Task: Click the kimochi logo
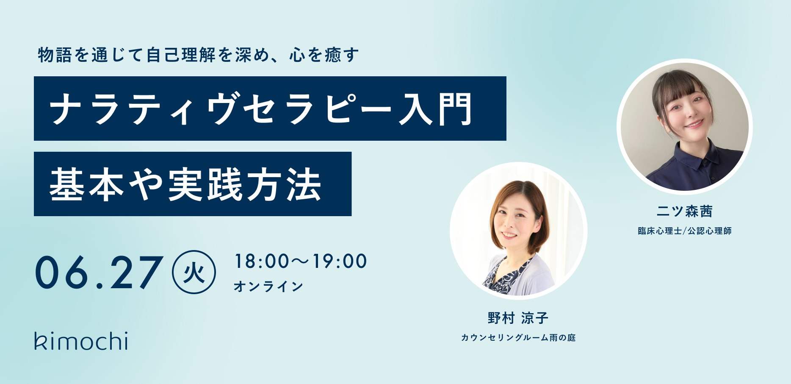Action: click(81, 341)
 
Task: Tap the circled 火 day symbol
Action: click(194, 273)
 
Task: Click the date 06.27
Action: click(99, 273)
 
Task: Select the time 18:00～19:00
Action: click(301, 261)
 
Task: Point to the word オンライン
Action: click(268, 287)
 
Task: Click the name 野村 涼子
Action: click(518, 318)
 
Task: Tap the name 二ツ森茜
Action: click(685, 211)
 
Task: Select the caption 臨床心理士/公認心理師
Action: click(685, 231)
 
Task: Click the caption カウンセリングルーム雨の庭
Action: click(518, 338)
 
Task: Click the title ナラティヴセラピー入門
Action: click(261, 109)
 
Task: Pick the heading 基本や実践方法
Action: click(185, 184)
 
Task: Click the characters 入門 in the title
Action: click(435, 109)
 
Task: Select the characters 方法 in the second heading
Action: click(284, 184)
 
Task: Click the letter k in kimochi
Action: click(41, 341)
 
